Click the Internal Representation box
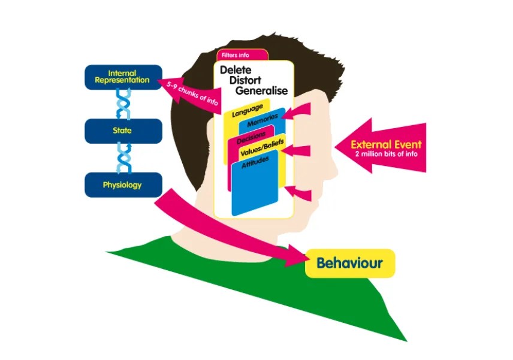123,77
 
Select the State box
123,131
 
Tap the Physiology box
123,184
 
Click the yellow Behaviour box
349,263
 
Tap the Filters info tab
236,55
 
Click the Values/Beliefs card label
261,152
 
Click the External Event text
386,144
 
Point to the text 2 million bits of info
386,154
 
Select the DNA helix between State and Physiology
123,158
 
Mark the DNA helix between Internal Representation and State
123,104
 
